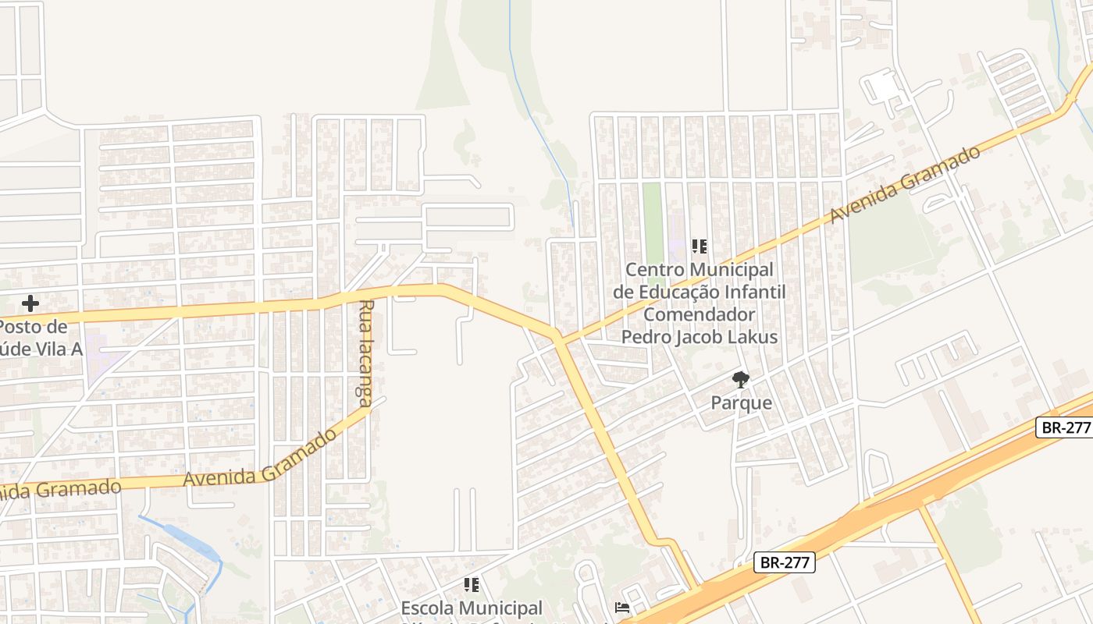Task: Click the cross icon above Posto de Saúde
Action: pos(30,303)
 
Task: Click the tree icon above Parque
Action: pos(740,380)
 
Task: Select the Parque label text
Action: pos(741,403)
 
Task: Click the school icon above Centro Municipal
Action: pos(700,246)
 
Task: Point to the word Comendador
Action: pos(699,314)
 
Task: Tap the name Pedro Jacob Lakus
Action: pos(699,337)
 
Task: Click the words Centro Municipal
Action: pos(699,270)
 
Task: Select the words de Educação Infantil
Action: pos(699,292)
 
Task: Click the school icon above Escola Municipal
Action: pos(471,584)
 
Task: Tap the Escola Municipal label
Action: pos(472,608)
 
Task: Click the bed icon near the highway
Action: pos(622,607)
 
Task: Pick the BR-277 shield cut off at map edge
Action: pos(1065,427)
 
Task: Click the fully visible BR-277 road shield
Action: pos(785,562)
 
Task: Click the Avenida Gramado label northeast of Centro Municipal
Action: pos(905,184)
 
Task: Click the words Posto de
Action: pos(33,326)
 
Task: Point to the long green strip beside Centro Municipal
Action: pos(652,222)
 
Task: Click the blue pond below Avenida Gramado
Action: pos(183,537)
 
